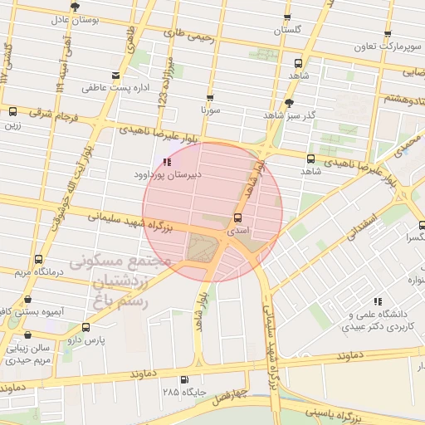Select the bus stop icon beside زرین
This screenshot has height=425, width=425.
(x=12, y=111)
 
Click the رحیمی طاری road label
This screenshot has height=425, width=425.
(x=189, y=35)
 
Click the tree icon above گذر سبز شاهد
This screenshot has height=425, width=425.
(x=288, y=103)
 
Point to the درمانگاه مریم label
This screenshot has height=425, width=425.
(x=33, y=271)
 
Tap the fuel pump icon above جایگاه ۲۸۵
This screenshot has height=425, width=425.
(x=183, y=379)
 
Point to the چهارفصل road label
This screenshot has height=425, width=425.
(x=228, y=395)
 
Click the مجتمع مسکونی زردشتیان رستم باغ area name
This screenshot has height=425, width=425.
(x=120, y=281)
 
